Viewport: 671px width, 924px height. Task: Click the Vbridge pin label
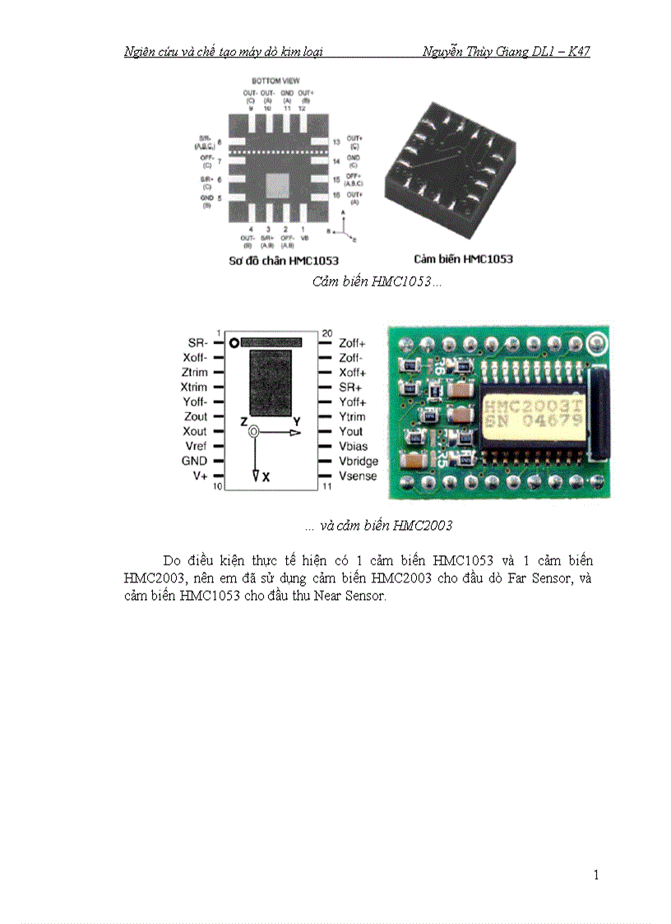(359, 462)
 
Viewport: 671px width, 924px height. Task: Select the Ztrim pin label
(194, 372)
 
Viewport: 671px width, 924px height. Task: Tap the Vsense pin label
(358, 476)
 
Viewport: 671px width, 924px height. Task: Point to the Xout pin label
(195, 431)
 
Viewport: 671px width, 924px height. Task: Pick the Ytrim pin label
(352, 416)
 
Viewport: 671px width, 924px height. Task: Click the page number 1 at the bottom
(596, 875)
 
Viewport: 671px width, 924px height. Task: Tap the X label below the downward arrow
(266, 477)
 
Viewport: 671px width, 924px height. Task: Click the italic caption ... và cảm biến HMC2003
(377, 526)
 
